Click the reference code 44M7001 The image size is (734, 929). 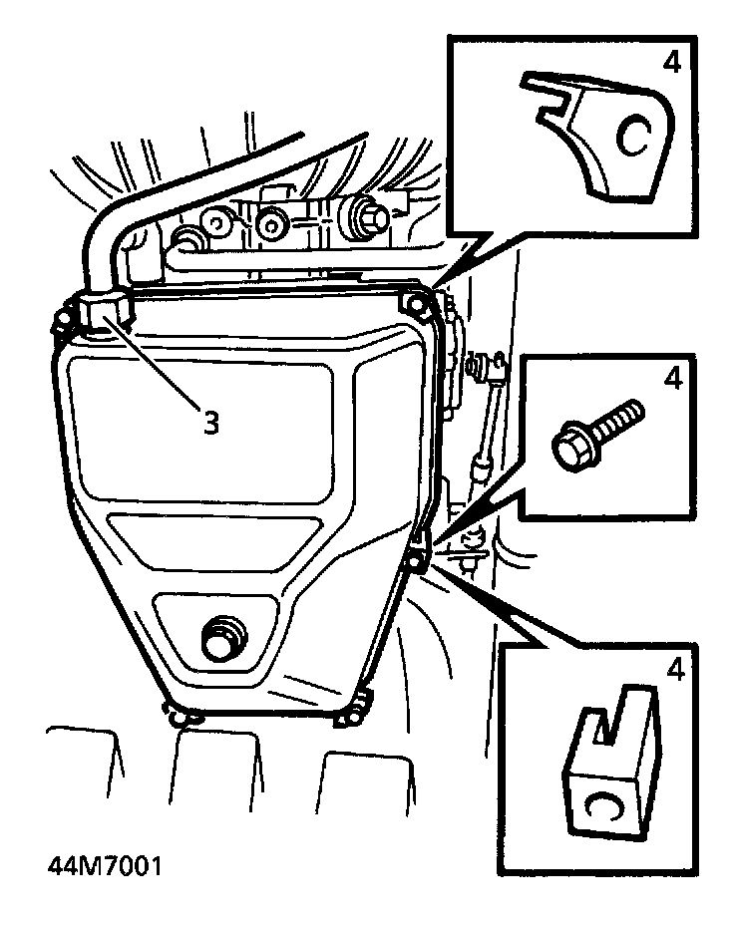click(x=104, y=863)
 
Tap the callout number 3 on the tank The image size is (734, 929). click(x=210, y=423)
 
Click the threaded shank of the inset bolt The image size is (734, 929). click(x=619, y=420)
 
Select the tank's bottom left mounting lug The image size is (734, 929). click(x=181, y=712)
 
